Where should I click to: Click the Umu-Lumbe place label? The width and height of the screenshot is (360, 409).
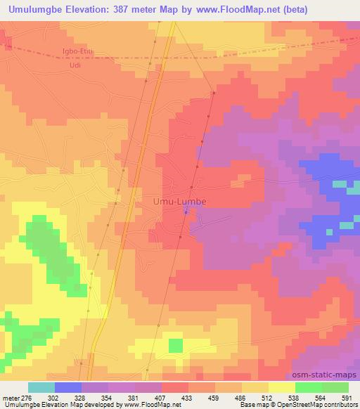180,202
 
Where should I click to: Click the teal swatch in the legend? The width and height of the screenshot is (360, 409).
41,387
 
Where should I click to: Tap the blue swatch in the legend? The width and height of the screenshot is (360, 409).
68,387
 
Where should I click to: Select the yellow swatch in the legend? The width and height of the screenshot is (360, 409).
282,387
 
